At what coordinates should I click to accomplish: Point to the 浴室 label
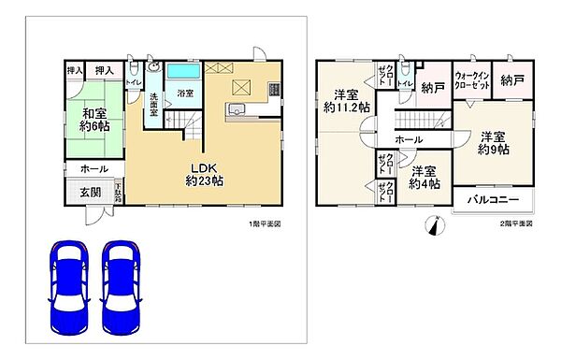tap(184, 94)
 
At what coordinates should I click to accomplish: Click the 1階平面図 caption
tap(265, 225)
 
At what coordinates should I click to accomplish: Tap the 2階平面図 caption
tap(514, 225)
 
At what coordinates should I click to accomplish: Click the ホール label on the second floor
tap(409, 139)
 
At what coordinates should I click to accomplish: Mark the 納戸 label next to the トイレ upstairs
tap(432, 89)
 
